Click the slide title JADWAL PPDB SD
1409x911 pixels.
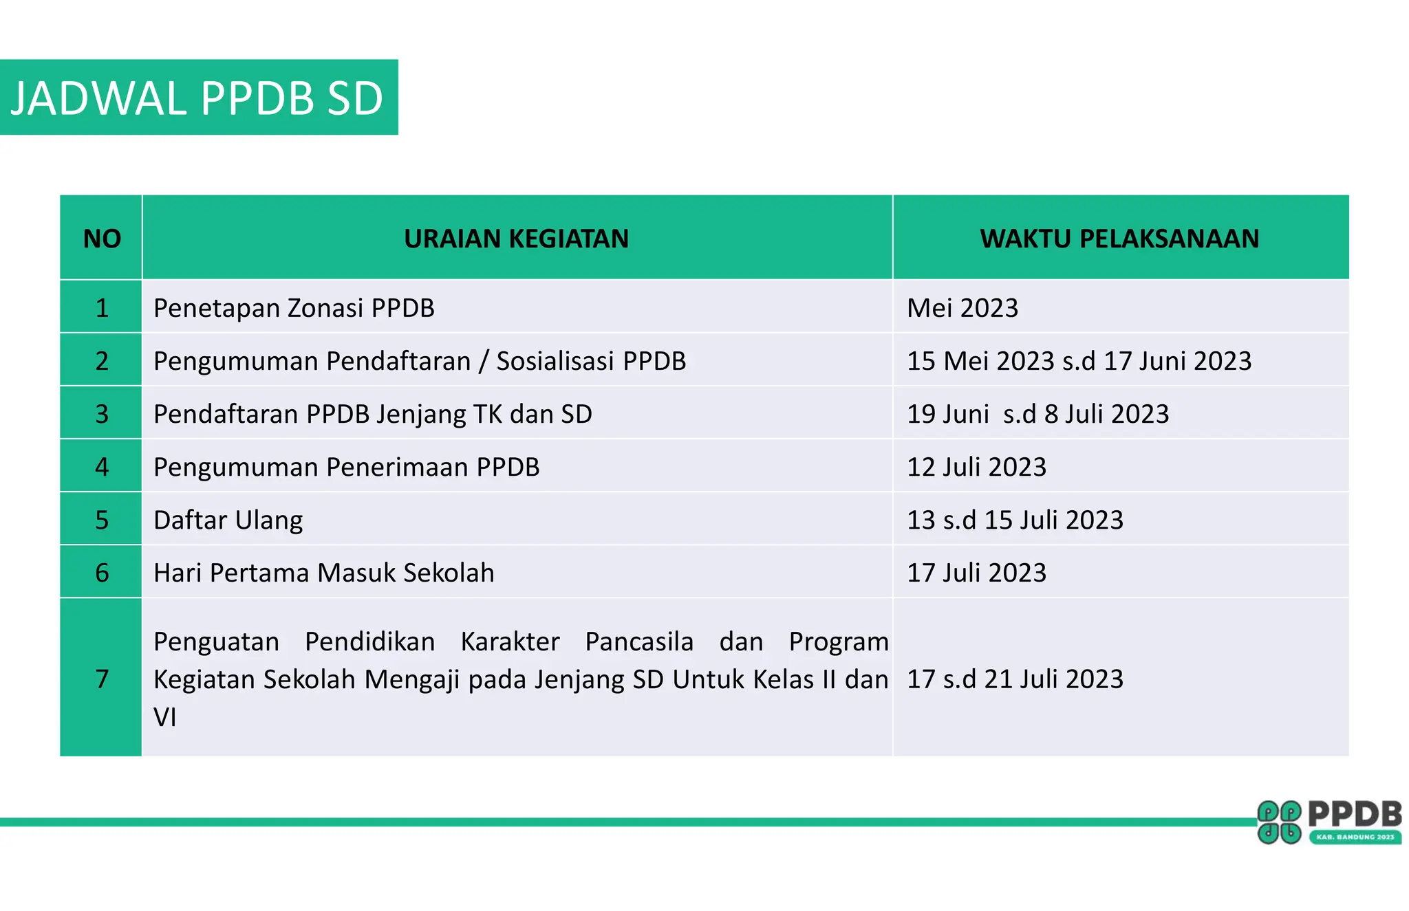(x=197, y=98)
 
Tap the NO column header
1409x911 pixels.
(x=102, y=239)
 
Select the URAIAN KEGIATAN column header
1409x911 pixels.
(x=516, y=239)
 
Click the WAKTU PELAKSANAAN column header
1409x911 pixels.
(x=1119, y=239)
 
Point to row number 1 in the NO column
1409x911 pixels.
(x=102, y=308)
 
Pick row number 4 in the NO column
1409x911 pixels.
(x=102, y=467)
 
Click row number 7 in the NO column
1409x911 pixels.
(x=102, y=679)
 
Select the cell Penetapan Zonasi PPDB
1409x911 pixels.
(x=294, y=308)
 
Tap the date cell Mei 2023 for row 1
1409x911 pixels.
(x=962, y=308)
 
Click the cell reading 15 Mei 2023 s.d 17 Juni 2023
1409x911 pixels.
(x=1079, y=361)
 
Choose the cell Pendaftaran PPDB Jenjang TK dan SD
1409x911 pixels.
(x=372, y=414)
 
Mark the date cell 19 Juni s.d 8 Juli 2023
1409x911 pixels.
(x=1037, y=414)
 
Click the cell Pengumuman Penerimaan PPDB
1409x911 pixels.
(x=346, y=467)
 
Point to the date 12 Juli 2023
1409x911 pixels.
(x=976, y=467)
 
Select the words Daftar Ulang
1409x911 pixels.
(x=228, y=520)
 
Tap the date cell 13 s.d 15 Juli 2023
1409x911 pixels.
(x=1015, y=520)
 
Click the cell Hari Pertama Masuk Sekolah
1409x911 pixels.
(x=323, y=573)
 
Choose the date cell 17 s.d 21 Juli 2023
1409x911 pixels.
(x=1015, y=679)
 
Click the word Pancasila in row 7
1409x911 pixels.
(x=638, y=641)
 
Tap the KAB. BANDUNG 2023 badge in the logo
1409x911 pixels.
(x=1355, y=837)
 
